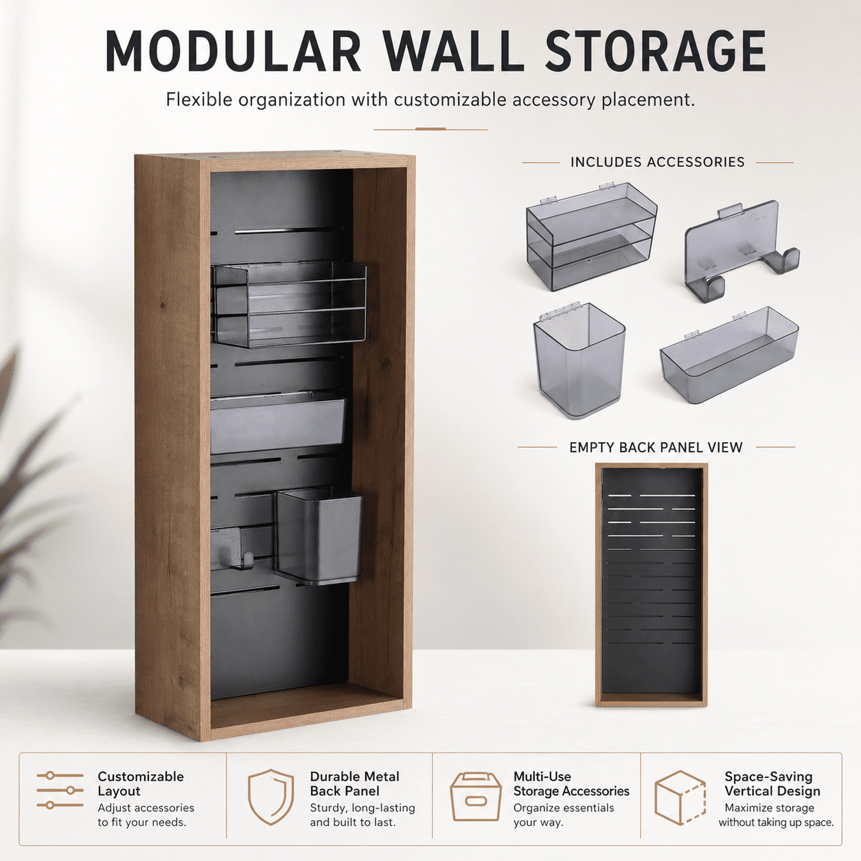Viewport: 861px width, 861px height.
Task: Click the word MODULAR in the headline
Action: coord(233,51)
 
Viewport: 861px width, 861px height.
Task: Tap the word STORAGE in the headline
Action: coord(656,51)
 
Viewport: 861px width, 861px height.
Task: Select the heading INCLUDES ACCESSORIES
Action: coord(658,162)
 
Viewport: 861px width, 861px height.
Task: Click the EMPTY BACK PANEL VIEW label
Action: coord(656,447)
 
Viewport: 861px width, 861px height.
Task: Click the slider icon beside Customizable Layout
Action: coord(60,790)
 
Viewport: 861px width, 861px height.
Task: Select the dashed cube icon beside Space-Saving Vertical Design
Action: coord(680,798)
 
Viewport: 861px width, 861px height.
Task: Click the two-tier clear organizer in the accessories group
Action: coord(591,236)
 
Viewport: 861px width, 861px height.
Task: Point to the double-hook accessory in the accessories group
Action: coord(742,253)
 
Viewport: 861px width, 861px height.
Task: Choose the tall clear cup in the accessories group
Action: coord(579,360)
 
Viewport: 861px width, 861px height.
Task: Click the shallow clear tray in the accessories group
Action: coord(729,354)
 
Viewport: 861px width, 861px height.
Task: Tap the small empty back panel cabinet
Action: coord(652,585)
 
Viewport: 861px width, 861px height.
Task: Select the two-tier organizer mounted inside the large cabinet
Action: coord(288,305)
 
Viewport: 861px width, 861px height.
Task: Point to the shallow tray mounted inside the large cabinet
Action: coord(277,423)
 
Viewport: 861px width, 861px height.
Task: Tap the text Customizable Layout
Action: coord(141,783)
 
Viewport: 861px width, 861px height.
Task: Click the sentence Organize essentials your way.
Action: coord(564,815)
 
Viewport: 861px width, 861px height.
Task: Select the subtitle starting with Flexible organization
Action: coord(430,100)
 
